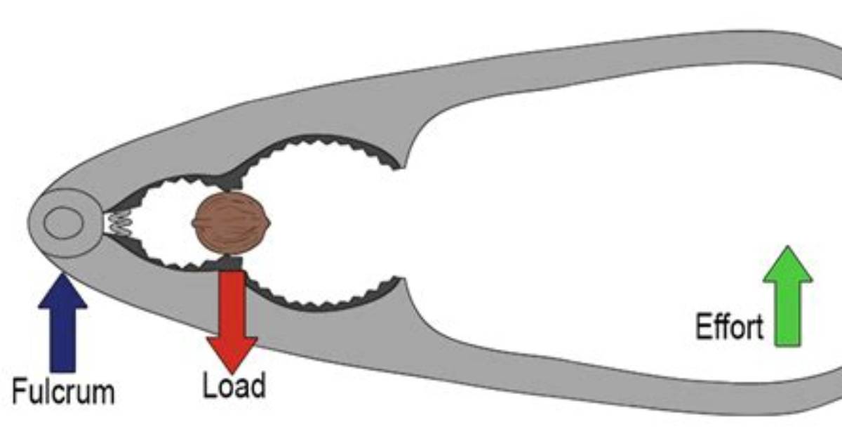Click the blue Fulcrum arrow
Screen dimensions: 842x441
[x=62, y=324]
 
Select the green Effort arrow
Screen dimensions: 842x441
[x=788, y=296]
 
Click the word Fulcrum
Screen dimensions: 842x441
[x=63, y=392]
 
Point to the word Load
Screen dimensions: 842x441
[x=234, y=385]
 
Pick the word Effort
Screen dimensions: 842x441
[x=730, y=327]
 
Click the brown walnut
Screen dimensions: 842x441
[x=231, y=223]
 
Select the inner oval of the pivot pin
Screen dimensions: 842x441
[x=64, y=223]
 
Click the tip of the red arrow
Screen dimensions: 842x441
[x=232, y=374]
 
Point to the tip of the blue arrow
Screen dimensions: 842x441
[x=62, y=274]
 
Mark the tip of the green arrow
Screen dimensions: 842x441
[x=788, y=246]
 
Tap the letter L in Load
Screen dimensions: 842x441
[x=209, y=385]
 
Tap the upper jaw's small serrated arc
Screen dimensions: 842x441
[x=177, y=180]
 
